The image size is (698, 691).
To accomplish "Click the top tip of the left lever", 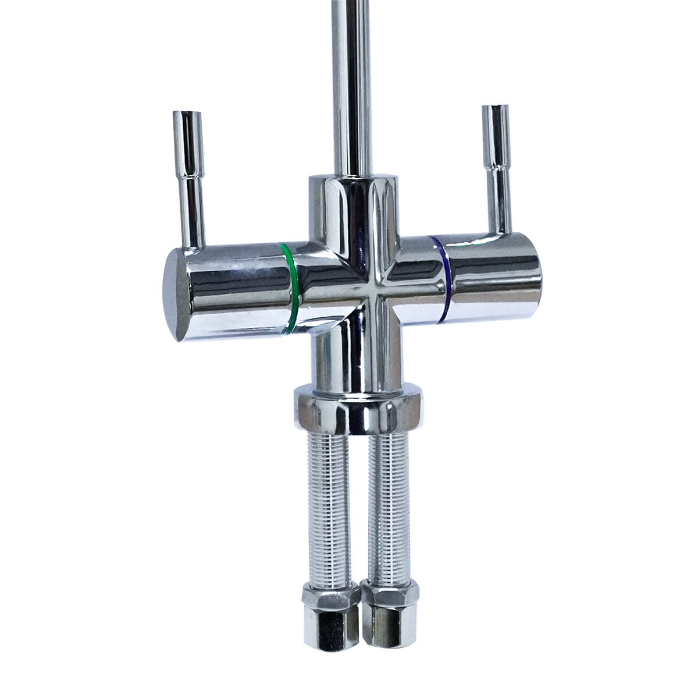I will click(x=186, y=115).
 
